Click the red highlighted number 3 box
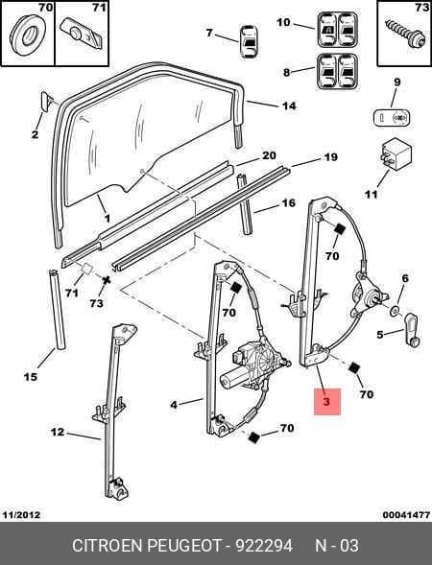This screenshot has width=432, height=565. pyautogui.click(x=327, y=401)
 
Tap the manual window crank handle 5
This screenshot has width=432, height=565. pyautogui.click(x=412, y=329)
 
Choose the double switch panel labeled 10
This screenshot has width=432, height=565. pyautogui.click(x=338, y=30)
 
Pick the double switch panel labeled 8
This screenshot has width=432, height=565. pyautogui.click(x=338, y=72)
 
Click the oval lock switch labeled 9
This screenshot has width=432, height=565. pyautogui.click(x=392, y=117)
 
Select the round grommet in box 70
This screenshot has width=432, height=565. pyautogui.click(x=28, y=35)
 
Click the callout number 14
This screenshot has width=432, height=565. pyautogui.click(x=289, y=106)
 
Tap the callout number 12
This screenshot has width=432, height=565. pyautogui.click(x=58, y=432)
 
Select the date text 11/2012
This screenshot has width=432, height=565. pyautogui.click(x=22, y=514)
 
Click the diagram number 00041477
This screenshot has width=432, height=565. pyautogui.click(x=406, y=514)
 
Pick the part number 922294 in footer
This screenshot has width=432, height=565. pyautogui.click(x=264, y=546)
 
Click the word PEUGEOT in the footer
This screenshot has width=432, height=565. pyautogui.click(x=184, y=546)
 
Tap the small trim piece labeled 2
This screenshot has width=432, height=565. pyautogui.click(x=46, y=101)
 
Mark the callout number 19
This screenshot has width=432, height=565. pyautogui.click(x=330, y=157)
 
